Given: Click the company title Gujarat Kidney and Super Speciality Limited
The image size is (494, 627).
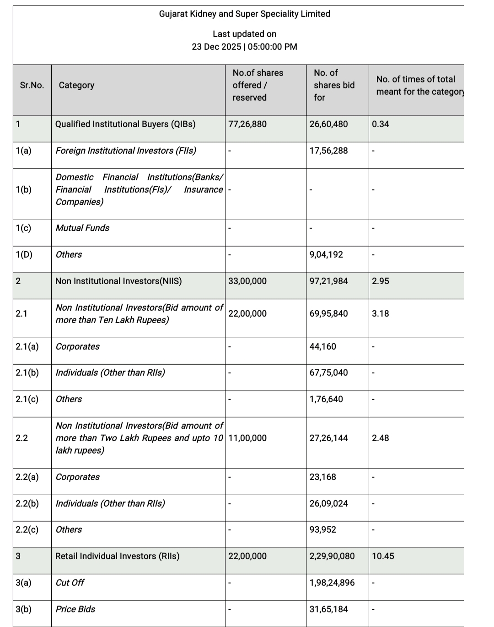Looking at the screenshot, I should [244, 14].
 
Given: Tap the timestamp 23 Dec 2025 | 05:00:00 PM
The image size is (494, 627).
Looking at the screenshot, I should [244, 47].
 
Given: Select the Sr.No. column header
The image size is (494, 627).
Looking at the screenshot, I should [32, 85].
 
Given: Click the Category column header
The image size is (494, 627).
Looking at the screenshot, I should [76, 85].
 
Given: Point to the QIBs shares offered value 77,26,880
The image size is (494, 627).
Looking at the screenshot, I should [247, 124].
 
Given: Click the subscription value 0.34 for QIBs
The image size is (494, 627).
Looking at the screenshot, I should [381, 124].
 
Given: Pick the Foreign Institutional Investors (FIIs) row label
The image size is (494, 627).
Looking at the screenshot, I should [126, 151].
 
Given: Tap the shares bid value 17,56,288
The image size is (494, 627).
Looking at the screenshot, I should [328, 151].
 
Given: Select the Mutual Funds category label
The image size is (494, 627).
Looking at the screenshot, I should [82, 228].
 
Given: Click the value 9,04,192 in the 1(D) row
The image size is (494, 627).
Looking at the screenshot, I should [326, 254].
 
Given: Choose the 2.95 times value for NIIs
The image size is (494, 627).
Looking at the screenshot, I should [381, 281].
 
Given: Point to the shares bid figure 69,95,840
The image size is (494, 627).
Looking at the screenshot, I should [328, 313].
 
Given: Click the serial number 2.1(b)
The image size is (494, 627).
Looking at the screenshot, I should [27, 373].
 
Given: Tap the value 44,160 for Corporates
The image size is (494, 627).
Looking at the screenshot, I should [322, 346].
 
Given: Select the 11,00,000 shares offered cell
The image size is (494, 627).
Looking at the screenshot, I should [247, 438].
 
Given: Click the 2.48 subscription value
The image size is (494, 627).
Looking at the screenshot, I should [381, 438].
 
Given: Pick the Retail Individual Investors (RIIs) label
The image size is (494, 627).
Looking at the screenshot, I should [117, 556].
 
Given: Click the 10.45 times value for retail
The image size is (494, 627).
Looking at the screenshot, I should [383, 556].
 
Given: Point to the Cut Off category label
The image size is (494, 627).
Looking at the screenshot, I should [70, 583].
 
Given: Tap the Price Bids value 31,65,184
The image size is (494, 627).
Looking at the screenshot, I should [328, 609].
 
